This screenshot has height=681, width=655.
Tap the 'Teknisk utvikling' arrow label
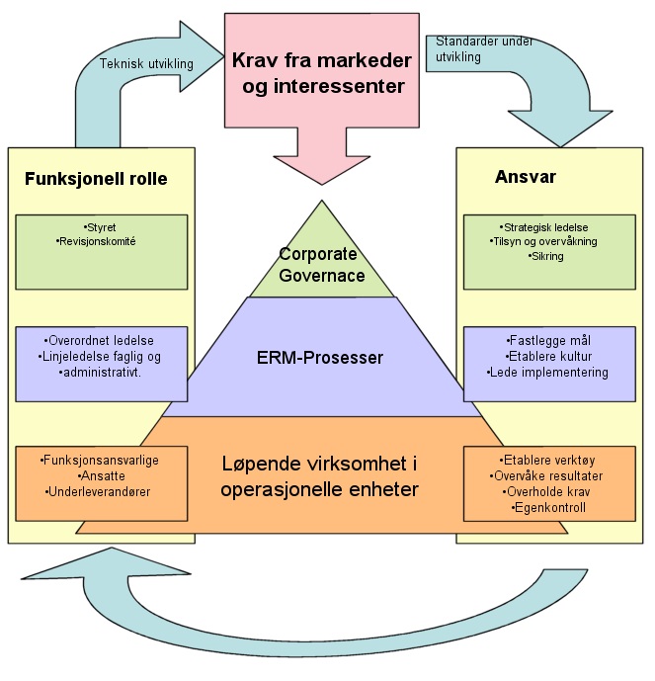[145, 64]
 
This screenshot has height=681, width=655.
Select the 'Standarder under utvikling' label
[472, 50]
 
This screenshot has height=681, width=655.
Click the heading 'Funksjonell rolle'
[95, 180]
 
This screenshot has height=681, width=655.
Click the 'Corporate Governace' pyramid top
[322, 265]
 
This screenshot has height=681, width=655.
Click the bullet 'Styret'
[101, 227]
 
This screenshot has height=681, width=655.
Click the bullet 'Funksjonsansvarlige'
[102, 461]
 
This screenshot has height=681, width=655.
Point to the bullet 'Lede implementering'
[548, 373]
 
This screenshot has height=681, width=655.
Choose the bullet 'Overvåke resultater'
[548, 475]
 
